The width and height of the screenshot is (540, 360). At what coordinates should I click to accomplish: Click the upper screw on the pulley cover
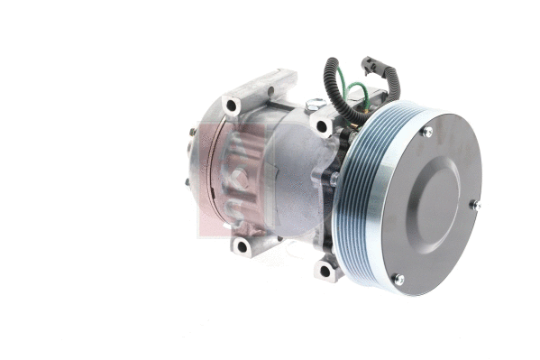point(427,132)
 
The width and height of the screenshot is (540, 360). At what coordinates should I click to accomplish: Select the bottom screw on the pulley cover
point(398,279)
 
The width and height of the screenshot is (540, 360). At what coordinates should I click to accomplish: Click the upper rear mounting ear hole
point(232,106)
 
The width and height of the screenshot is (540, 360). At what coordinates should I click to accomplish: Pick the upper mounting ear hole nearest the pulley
point(321,126)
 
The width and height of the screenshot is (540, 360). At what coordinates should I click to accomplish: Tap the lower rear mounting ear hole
point(242,245)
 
